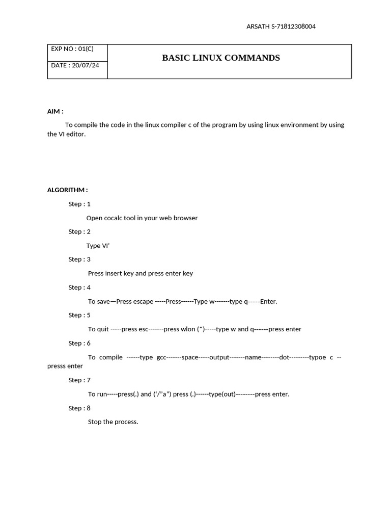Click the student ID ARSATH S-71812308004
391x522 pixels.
coord(281,27)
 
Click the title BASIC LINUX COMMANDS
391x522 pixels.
coord(221,58)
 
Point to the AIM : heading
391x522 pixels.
coord(55,111)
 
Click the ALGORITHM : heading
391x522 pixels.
coord(67,190)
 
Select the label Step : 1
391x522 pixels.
coord(79,204)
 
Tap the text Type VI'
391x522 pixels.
coord(98,246)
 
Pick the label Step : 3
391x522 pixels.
coord(79,259)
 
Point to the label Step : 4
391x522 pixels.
coord(79,288)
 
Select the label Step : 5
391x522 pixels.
coord(79,315)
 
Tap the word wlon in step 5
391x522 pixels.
coord(188,329)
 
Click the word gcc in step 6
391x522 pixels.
coord(161,357)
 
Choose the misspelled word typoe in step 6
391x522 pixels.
coord(317,357)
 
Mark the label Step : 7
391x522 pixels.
coord(79,380)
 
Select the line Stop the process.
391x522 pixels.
coord(113,422)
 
